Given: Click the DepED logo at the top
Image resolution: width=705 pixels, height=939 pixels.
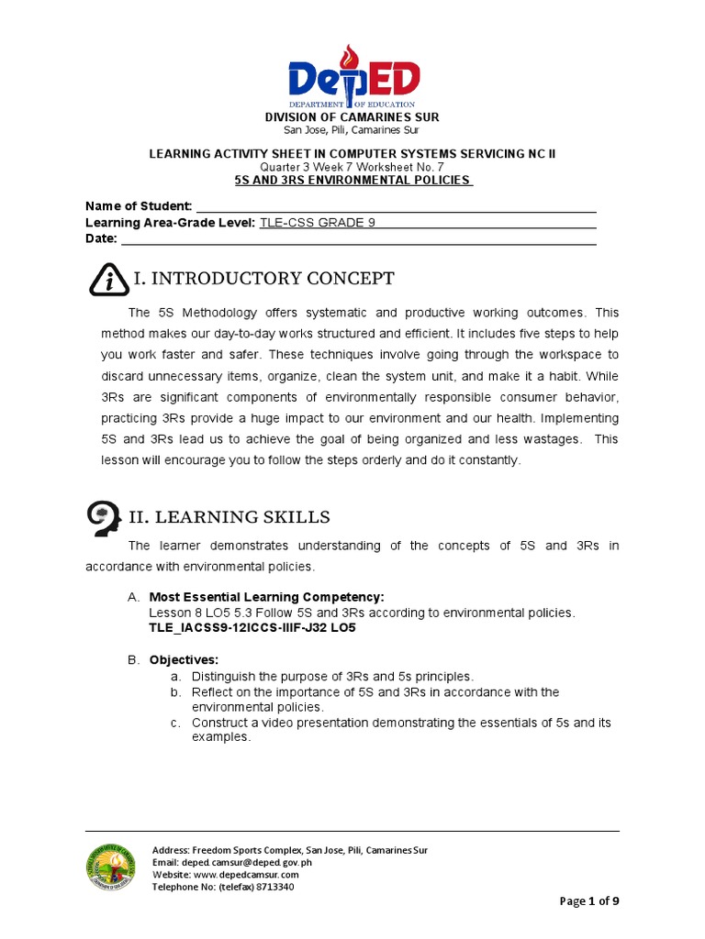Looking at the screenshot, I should tap(352, 77).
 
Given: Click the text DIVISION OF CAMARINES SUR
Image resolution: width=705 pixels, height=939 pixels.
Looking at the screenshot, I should tap(352, 117).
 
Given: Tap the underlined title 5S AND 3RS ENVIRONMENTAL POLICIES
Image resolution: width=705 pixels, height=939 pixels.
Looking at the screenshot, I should tap(352, 181).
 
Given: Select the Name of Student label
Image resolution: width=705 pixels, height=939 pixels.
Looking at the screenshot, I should tap(139, 205).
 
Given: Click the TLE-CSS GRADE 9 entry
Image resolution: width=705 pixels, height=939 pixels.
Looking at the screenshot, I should tap(318, 223).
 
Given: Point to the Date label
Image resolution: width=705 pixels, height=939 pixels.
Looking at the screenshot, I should tap(101, 238).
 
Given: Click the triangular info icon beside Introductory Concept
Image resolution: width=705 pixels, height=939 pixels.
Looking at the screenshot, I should tap(109, 280).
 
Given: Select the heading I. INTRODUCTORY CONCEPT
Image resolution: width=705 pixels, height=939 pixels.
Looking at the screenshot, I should tap(264, 279).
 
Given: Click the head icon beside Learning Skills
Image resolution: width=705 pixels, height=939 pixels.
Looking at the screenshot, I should tap(106, 519).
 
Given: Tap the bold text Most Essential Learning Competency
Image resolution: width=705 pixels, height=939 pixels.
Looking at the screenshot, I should tap(260, 597).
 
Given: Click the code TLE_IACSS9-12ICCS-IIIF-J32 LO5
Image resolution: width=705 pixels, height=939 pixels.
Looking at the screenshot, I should tap(252, 628).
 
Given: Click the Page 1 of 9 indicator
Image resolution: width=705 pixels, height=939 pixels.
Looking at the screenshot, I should tap(589, 900).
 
